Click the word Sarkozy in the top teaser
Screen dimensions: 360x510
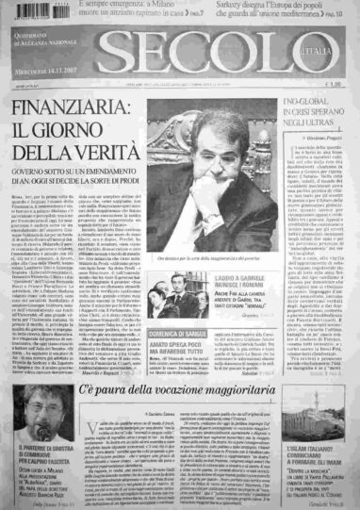point(254,6)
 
